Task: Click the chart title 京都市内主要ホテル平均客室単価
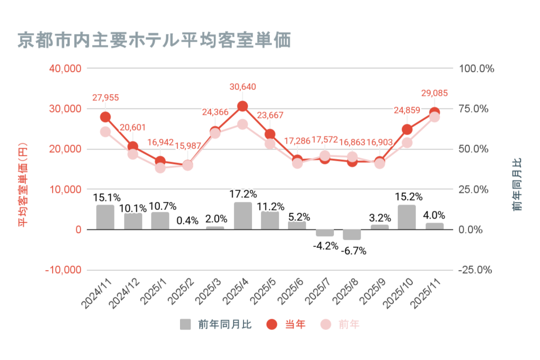click(x=154, y=40)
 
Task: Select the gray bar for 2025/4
click(x=243, y=216)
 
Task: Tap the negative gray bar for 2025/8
click(x=352, y=234)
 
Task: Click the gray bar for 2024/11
click(x=105, y=217)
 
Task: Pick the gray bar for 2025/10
click(x=407, y=217)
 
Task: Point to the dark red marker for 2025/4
click(x=243, y=106)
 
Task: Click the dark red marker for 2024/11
click(x=105, y=117)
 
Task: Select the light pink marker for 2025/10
click(x=407, y=143)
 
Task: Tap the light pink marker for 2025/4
click(x=243, y=124)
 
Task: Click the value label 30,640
click(x=243, y=87)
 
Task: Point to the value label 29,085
click(x=435, y=93)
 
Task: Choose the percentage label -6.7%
click(x=353, y=251)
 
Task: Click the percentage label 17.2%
click(x=243, y=194)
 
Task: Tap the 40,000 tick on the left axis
click(x=65, y=69)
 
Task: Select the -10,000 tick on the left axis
click(x=63, y=270)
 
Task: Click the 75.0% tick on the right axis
click(x=474, y=109)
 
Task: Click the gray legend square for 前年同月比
click(x=185, y=324)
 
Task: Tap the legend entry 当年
click(x=295, y=324)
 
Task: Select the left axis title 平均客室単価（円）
click(x=23, y=184)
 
